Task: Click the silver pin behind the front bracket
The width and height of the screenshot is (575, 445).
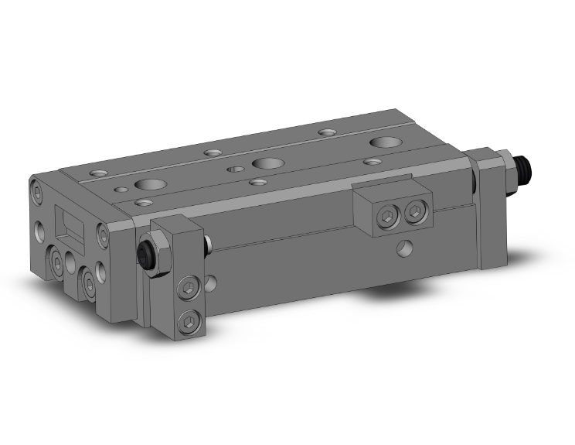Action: [209, 246]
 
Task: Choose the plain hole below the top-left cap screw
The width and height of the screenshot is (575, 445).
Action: [39, 230]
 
